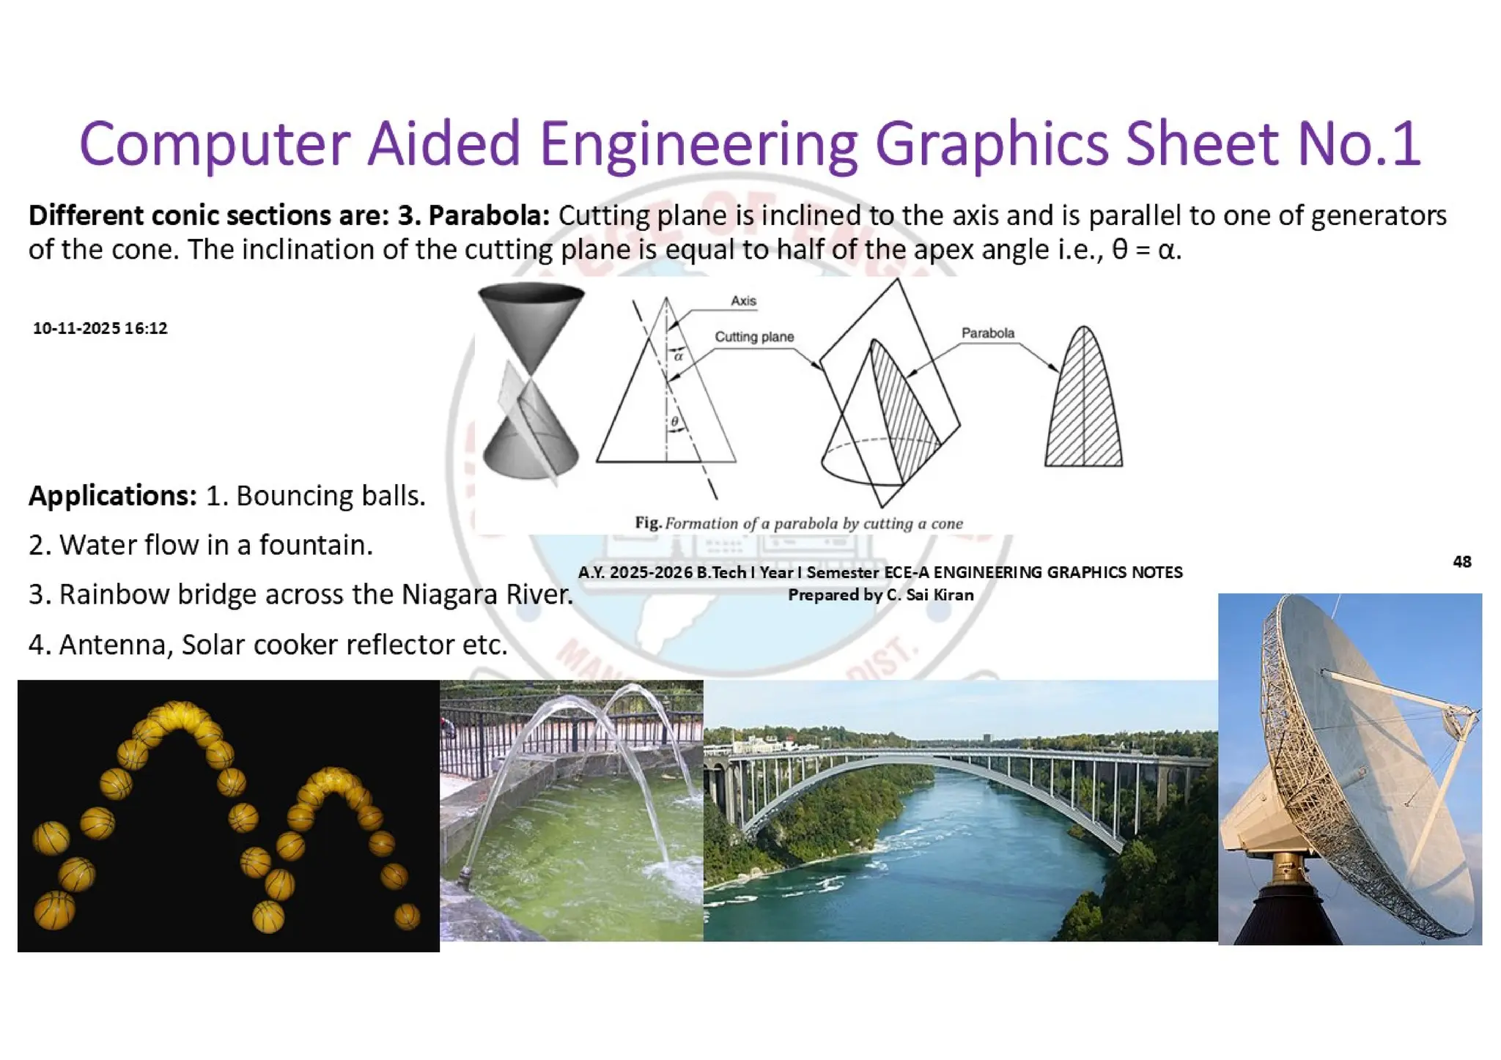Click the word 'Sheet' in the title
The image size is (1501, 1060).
click(x=1202, y=144)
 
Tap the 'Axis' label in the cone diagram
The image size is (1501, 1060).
click(x=743, y=301)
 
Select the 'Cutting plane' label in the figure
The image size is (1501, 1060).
click(x=754, y=337)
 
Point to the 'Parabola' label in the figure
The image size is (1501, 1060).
click(x=987, y=333)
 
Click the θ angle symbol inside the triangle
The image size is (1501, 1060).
click(x=675, y=422)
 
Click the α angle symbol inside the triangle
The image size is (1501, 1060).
click(x=679, y=357)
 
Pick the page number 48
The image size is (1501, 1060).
click(x=1461, y=562)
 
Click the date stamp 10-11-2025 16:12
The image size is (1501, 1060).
click(x=100, y=328)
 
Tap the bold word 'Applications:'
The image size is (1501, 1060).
click(x=113, y=496)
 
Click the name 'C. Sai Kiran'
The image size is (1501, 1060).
click(x=929, y=595)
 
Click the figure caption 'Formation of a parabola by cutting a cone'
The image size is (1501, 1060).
click(x=814, y=524)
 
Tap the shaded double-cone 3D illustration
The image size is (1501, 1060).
click(x=531, y=381)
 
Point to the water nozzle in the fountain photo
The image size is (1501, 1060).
click(x=464, y=875)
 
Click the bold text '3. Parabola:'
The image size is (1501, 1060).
click(x=473, y=216)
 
